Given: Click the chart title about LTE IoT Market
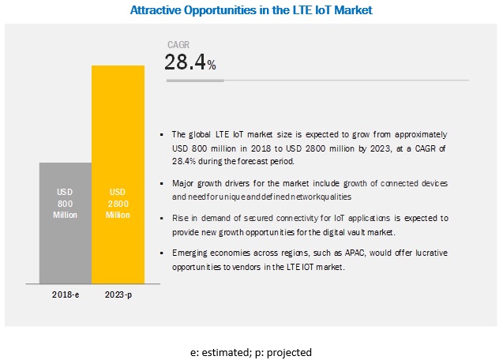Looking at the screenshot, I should coord(251,10).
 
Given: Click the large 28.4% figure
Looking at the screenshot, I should coord(190,63).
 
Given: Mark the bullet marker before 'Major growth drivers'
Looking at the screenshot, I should coord(162,182).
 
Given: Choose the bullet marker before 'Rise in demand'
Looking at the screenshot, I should coord(162,216).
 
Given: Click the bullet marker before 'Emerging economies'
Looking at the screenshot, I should coord(162,252).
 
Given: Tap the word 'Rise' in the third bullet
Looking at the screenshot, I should coord(178,216).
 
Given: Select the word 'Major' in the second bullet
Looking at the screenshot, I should coord(182,182).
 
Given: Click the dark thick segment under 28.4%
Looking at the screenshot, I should coord(194,80).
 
